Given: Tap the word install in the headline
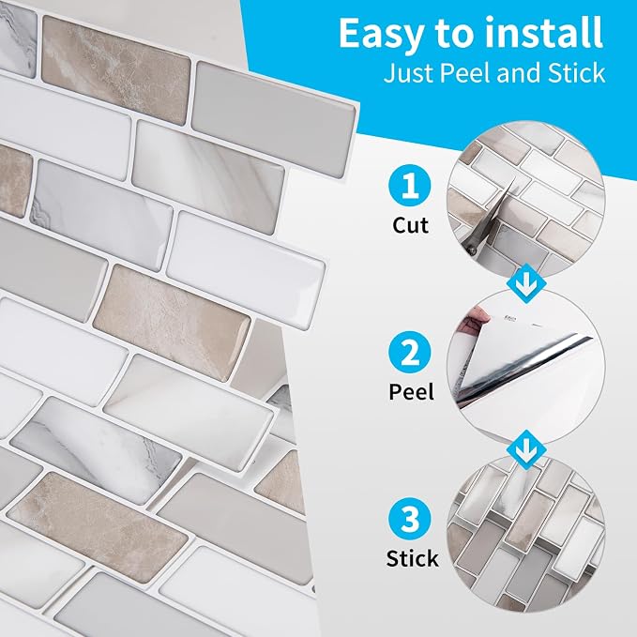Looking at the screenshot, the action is [x=544, y=33].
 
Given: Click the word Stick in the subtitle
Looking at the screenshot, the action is [x=576, y=73].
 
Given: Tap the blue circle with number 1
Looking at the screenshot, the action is [x=409, y=186].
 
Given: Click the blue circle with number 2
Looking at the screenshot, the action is [x=409, y=352].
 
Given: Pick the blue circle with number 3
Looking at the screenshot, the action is [x=409, y=519].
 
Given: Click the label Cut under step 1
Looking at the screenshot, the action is [x=410, y=225].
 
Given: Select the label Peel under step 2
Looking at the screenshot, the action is [x=411, y=391].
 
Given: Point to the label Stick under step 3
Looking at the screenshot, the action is [x=412, y=558].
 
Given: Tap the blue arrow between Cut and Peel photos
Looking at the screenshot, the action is [x=526, y=283].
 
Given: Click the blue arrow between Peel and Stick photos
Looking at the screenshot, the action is [x=526, y=449].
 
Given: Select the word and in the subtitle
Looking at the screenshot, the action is [x=519, y=73].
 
